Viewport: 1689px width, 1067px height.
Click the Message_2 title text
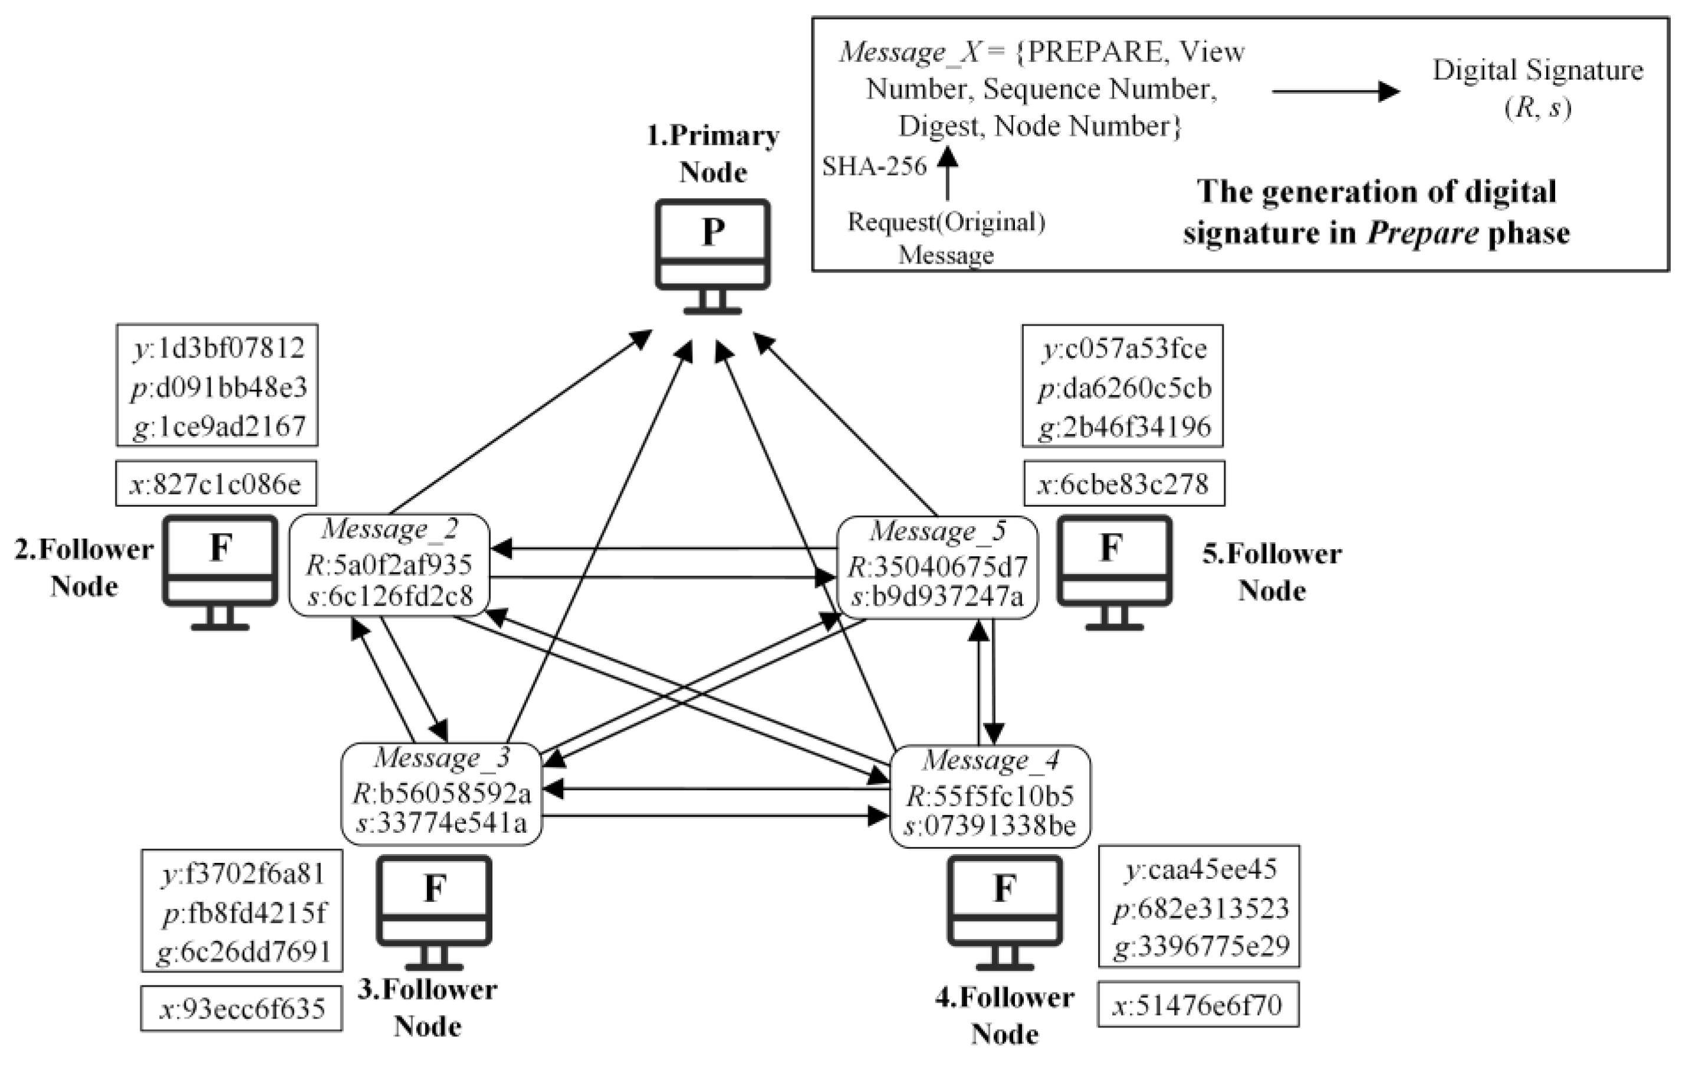[x=389, y=529]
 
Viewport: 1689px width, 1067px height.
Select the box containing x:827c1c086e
[x=216, y=483]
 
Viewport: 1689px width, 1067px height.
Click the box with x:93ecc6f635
[x=241, y=1009]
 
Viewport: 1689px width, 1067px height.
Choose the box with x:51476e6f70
[x=1198, y=1004]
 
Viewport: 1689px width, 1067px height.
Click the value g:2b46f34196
[x=1123, y=426]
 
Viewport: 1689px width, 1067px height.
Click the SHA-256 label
[x=874, y=166]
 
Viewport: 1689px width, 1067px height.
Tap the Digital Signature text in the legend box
[x=1537, y=71]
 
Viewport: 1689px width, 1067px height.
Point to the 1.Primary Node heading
[x=712, y=153]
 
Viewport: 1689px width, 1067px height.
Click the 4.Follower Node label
[x=1004, y=1016]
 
